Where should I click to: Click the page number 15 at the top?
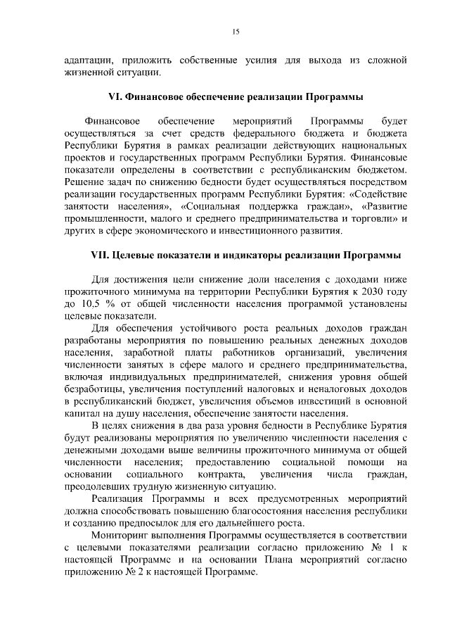pyautogui.click(x=235, y=30)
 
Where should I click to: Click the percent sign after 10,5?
pyautogui.click(x=110, y=303)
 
